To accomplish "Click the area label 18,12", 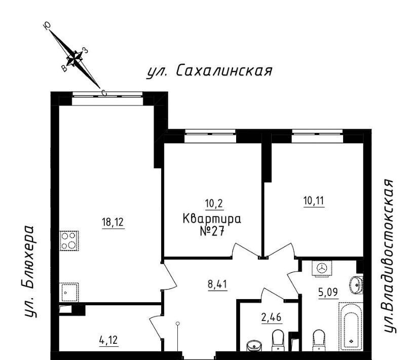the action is [113, 222].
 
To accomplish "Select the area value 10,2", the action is [214, 204].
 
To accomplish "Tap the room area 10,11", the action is [314, 201].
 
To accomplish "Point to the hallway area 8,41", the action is [217, 284].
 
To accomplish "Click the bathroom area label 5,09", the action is [328, 293].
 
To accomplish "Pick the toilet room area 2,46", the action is [272, 317].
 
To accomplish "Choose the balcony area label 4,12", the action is [108, 340].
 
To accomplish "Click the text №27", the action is [212, 232].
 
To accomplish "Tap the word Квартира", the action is [212, 219].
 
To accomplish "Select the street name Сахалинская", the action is [224, 71].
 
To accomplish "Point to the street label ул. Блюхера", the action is [28, 271].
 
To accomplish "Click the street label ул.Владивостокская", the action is [389, 256].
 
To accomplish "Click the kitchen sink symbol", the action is [69, 293].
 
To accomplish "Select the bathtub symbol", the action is [351, 327].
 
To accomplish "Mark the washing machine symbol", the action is [322, 269].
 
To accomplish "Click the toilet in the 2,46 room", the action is [278, 340].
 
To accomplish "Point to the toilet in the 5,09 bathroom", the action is [319, 340].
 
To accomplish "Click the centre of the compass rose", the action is [74, 58].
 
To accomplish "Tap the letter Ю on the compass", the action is [47, 26].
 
